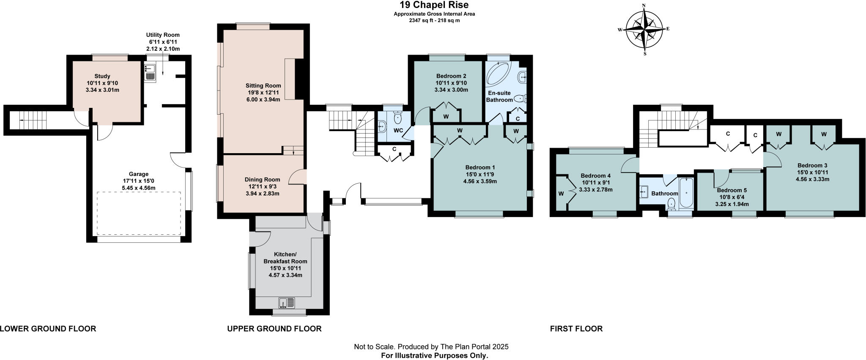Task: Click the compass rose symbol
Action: click(x=644, y=29)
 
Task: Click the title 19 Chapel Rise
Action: click(x=434, y=5)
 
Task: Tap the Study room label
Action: click(x=102, y=76)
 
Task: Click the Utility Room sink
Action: click(x=150, y=72)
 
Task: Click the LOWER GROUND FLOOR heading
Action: click(x=48, y=329)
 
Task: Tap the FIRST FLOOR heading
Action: click(x=576, y=329)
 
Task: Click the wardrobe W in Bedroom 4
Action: click(x=561, y=194)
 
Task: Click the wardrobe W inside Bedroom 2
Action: click(x=446, y=117)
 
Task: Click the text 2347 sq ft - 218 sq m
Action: click(x=434, y=20)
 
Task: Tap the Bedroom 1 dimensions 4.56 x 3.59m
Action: click(x=480, y=181)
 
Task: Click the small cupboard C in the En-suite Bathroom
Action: click(x=518, y=118)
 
